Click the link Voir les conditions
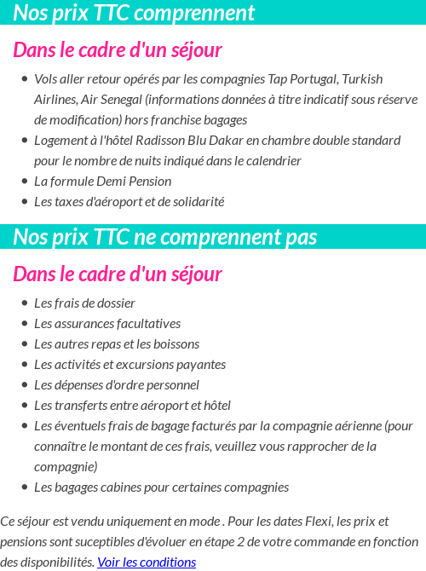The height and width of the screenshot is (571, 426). click(147, 562)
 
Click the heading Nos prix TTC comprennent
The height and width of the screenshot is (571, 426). click(134, 13)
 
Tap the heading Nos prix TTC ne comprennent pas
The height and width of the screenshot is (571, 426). click(165, 237)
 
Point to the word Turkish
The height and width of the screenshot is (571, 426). click(362, 79)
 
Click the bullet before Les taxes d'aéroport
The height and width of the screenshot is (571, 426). click(24, 203)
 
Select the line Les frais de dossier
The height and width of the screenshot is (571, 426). click(84, 303)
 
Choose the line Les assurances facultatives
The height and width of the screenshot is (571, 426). click(107, 324)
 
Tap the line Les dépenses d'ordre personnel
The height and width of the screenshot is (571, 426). click(117, 385)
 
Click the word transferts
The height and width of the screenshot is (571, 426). click(82, 406)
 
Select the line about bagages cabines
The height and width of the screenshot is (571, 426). click(161, 487)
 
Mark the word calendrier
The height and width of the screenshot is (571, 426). click(271, 161)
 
